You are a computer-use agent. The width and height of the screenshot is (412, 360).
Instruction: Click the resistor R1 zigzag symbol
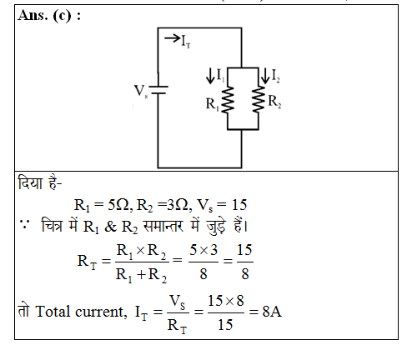click(228, 100)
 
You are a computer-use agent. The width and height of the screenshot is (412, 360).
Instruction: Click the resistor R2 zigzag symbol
click(259, 99)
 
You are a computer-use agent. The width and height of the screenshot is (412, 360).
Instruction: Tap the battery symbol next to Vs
click(158, 90)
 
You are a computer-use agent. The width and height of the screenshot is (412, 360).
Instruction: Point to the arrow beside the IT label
click(173, 38)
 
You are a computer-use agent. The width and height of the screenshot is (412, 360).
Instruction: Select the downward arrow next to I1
click(210, 76)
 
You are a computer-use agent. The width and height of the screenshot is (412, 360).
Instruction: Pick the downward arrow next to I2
click(265, 76)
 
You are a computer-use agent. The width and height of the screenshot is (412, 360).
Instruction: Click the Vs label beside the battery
click(141, 91)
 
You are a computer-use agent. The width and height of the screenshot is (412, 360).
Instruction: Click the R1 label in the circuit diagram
click(213, 105)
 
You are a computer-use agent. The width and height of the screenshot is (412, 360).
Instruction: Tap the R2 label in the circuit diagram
click(274, 102)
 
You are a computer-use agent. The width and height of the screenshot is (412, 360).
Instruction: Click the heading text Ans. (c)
click(49, 15)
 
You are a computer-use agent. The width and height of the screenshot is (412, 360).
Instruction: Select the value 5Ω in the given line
click(118, 205)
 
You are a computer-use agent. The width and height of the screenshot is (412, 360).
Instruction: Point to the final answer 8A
click(272, 312)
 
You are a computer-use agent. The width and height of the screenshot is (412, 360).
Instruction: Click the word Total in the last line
click(53, 312)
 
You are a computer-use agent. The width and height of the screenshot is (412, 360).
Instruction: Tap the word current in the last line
click(100, 312)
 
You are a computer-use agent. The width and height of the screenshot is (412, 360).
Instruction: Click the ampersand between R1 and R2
click(110, 227)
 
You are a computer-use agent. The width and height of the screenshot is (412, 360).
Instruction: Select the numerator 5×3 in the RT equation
click(203, 250)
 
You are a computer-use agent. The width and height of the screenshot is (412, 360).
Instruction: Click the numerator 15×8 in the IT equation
click(226, 301)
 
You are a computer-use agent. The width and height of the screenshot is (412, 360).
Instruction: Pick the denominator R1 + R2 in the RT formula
click(141, 275)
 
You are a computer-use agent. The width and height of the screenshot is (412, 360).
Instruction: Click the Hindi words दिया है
click(40, 183)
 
